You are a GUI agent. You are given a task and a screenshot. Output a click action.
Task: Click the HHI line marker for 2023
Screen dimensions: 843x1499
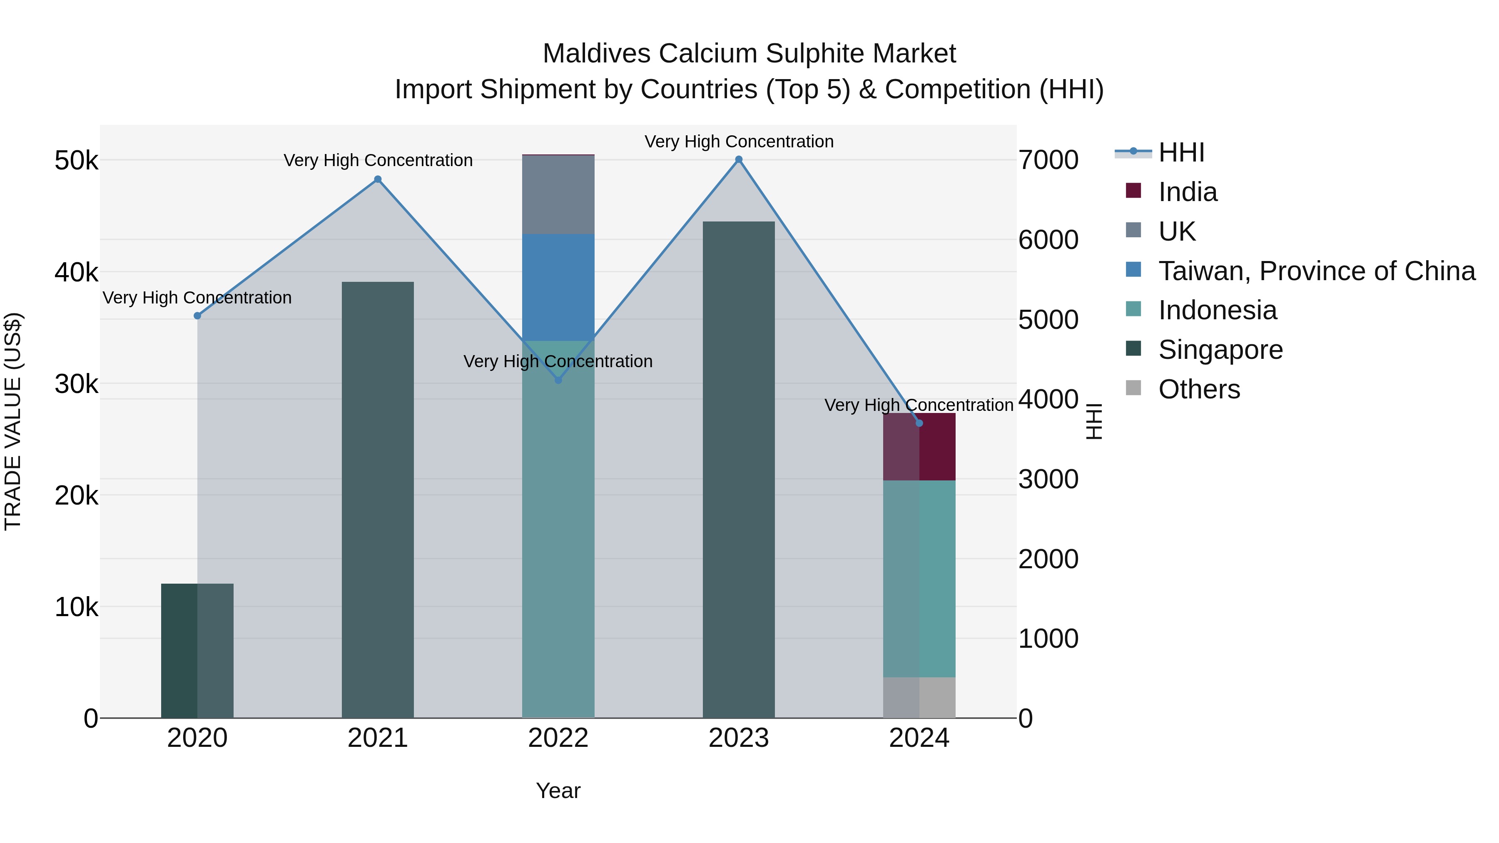point(738,159)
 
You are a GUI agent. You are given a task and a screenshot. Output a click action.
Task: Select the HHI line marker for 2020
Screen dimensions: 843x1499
point(197,316)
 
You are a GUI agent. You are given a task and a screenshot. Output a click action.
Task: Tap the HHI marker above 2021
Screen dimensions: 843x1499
point(378,179)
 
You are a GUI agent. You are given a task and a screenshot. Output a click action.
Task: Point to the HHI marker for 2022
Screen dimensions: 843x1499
point(558,380)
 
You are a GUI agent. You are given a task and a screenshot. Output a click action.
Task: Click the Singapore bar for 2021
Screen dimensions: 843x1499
point(378,500)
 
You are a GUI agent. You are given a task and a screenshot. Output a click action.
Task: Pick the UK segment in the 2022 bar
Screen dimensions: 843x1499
point(558,195)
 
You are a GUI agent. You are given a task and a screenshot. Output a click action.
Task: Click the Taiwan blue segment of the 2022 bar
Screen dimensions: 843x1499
point(558,287)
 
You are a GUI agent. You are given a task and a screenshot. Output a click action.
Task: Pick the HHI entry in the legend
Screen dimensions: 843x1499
point(1181,152)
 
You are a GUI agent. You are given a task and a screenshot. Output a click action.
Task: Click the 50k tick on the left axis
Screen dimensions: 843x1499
point(76,161)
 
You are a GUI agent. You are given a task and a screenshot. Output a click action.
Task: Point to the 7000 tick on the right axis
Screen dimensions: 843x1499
point(1048,161)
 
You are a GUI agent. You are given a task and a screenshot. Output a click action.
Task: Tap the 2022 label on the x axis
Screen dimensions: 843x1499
point(558,738)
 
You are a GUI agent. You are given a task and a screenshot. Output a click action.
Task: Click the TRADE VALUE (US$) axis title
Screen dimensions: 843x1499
point(13,421)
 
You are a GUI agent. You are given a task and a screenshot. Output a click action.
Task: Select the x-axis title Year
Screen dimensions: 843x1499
point(558,791)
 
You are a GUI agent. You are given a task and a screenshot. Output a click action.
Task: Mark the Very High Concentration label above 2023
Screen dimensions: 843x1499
point(738,142)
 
